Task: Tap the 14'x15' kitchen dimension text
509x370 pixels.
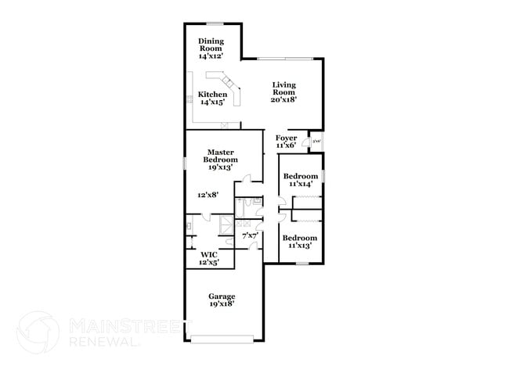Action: click(x=212, y=102)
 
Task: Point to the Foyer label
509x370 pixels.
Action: click(x=286, y=138)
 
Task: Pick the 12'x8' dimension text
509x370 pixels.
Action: click(x=208, y=194)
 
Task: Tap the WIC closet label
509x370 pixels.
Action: click(x=208, y=255)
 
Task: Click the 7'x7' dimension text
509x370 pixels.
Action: click(x=250, y=235)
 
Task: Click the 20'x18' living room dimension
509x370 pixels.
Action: click(x=284, y=100)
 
